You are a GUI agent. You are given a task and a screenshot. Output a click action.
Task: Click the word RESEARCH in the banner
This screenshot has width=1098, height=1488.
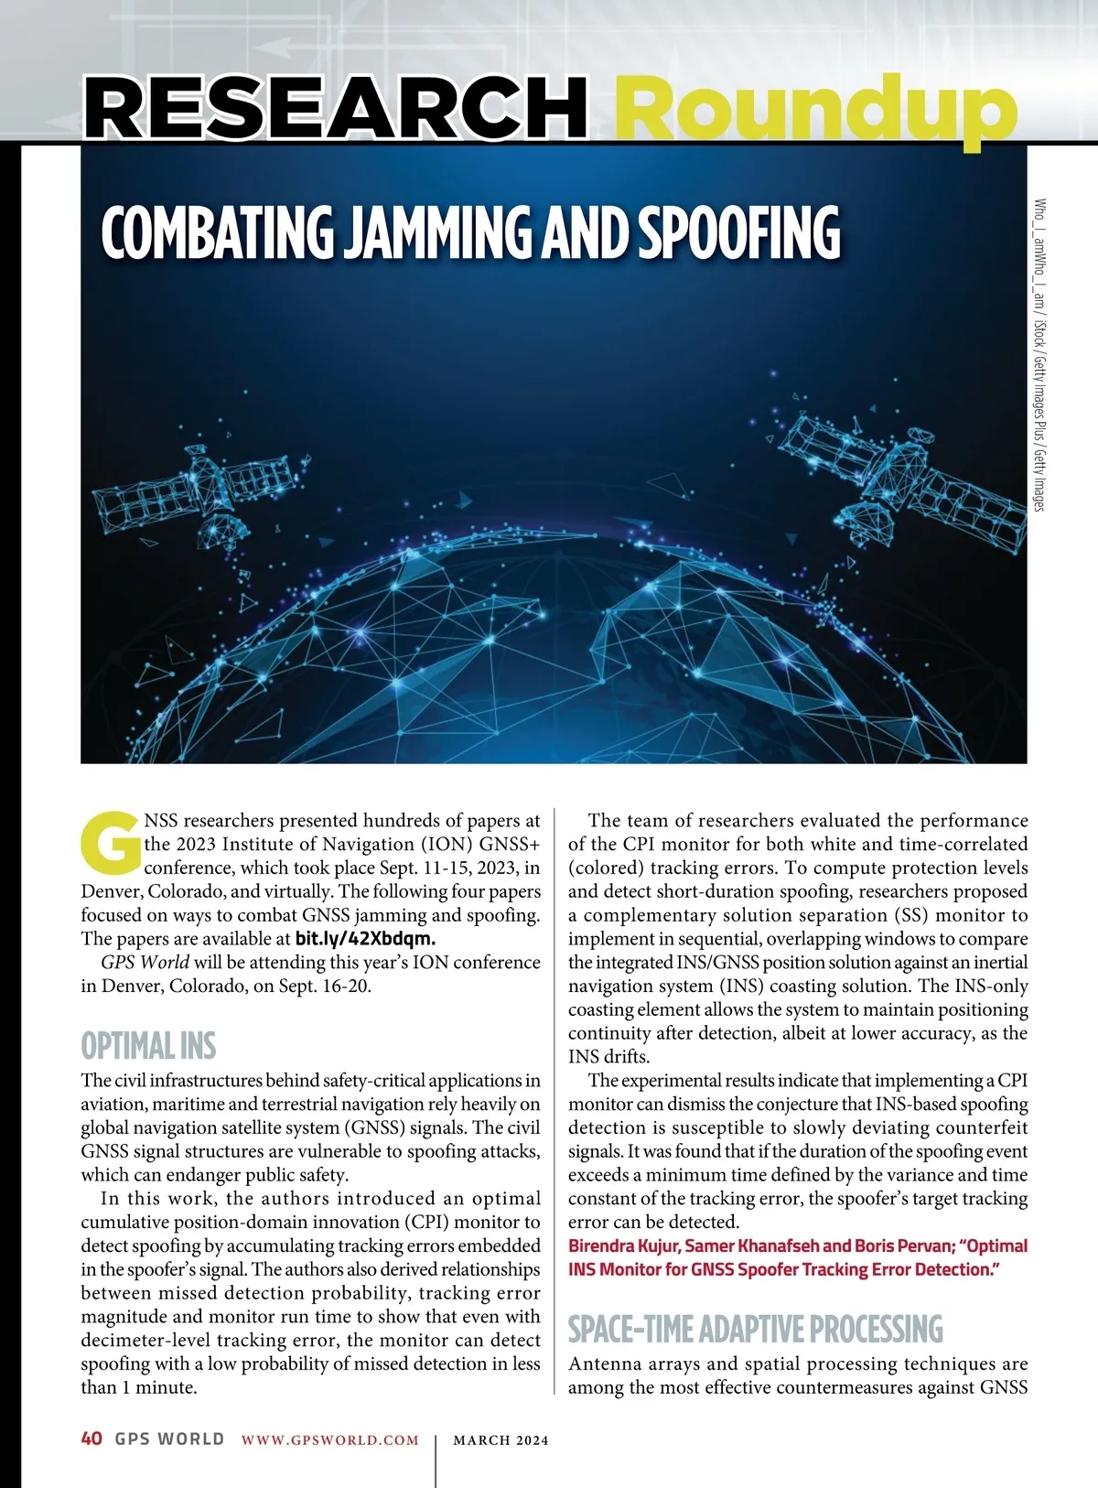(x=335, y=107)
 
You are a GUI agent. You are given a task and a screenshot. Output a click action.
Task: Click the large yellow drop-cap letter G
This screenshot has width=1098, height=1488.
(x=112, y=842)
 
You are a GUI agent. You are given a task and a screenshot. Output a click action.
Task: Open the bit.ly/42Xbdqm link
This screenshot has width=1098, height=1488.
(x=365, y=939)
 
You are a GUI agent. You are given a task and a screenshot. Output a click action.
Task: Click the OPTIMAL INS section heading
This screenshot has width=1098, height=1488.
(x=148, y=1046)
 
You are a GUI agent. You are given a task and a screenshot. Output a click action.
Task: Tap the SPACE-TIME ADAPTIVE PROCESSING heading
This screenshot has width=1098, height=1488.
(x=755, y=1329)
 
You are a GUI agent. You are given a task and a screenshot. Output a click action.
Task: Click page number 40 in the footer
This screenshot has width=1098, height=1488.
(x=91, y=1439)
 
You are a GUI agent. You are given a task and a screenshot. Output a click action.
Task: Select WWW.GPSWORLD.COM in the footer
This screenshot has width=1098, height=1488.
(x=330, y=1440)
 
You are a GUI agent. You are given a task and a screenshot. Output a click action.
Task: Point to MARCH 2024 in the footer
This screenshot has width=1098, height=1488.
(x=501, y=1440)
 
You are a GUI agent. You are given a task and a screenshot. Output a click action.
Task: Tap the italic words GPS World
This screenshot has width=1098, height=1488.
(x=145, y=963)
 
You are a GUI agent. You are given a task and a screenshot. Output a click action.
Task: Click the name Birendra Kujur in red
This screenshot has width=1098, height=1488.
(x=623, y=1245)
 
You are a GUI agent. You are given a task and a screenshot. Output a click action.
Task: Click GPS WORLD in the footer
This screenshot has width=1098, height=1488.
(x=169, y=1439)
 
